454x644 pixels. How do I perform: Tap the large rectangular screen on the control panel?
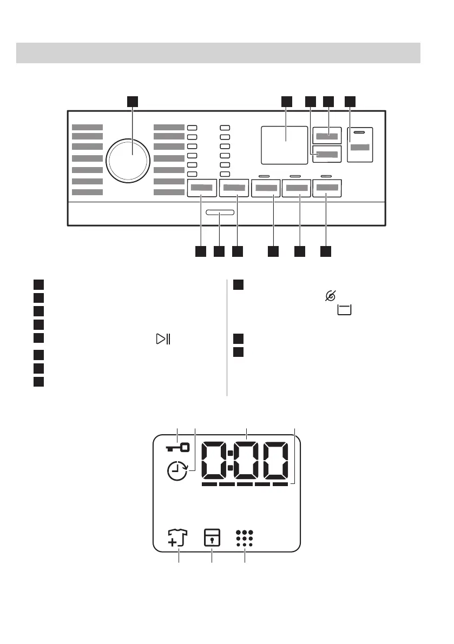285,144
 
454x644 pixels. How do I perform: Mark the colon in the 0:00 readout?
230,460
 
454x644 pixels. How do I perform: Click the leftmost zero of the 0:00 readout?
213,460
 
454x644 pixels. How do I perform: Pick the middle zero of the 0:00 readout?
247,460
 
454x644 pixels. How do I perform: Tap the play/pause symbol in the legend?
162,339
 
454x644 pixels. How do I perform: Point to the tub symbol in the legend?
344,309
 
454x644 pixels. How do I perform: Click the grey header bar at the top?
219,53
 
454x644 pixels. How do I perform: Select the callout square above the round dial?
133,101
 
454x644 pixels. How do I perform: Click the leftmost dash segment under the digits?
209,485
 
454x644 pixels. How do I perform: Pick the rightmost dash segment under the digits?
280,485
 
